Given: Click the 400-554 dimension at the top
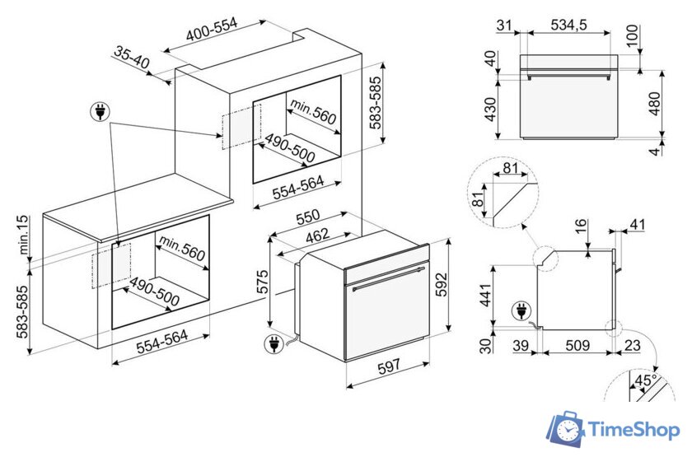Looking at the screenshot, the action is (212, 29).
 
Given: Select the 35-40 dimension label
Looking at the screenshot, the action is (132, 58).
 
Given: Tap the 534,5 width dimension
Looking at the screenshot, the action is (569, 25).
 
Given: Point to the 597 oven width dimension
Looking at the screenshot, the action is (389, 366).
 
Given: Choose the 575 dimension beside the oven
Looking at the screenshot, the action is (262, 281).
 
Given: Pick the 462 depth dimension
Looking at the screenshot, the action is (318, 235).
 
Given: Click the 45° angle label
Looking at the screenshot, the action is (646, 380).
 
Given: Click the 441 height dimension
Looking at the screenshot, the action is (485, 296).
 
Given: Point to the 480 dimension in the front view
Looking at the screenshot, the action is (655, 104).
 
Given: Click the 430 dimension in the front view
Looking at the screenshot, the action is (490, 110).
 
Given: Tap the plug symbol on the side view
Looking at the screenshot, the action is (521, 311).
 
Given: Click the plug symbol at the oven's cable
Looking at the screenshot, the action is (274, 343).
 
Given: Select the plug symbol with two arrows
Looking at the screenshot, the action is (101, 112).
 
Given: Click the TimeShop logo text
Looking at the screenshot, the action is (634, 430).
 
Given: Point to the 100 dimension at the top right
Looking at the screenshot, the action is (633, 35).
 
